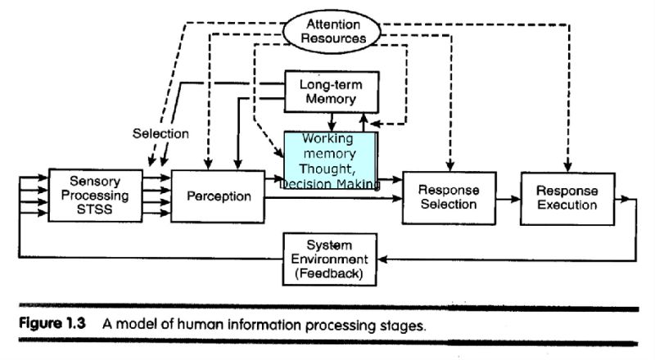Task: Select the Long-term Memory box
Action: point(332,91)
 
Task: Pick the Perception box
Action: point(218,196)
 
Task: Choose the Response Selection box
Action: point(448,196)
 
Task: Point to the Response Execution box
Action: point(567,196)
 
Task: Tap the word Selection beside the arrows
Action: point(160,133)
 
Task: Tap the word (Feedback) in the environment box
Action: point(332,272)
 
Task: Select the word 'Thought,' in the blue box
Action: point(329,169)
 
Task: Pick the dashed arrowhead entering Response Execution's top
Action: point(567,167)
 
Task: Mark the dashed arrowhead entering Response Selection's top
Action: point(448,167)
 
